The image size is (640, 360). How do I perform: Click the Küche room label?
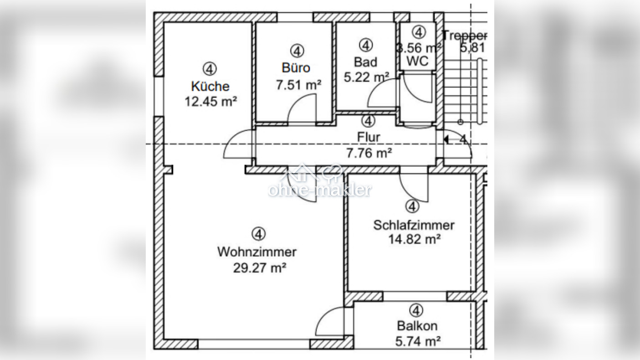210,86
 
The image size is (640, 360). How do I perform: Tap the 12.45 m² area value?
210,101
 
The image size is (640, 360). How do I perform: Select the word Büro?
296,68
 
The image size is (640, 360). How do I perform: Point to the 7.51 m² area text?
298,84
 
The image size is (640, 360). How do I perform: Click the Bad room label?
365,61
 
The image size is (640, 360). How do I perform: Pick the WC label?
418,61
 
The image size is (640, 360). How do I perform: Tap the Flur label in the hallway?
369,137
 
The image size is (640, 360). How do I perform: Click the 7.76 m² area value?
369,153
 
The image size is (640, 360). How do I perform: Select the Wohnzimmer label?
257,252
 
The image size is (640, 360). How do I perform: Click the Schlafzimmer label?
414,225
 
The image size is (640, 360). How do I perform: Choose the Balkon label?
417,326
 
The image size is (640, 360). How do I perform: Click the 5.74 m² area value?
418,341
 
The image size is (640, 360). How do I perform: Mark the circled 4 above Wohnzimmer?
258,234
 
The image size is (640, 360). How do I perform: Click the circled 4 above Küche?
210,69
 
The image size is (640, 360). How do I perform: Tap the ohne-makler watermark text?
319,189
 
